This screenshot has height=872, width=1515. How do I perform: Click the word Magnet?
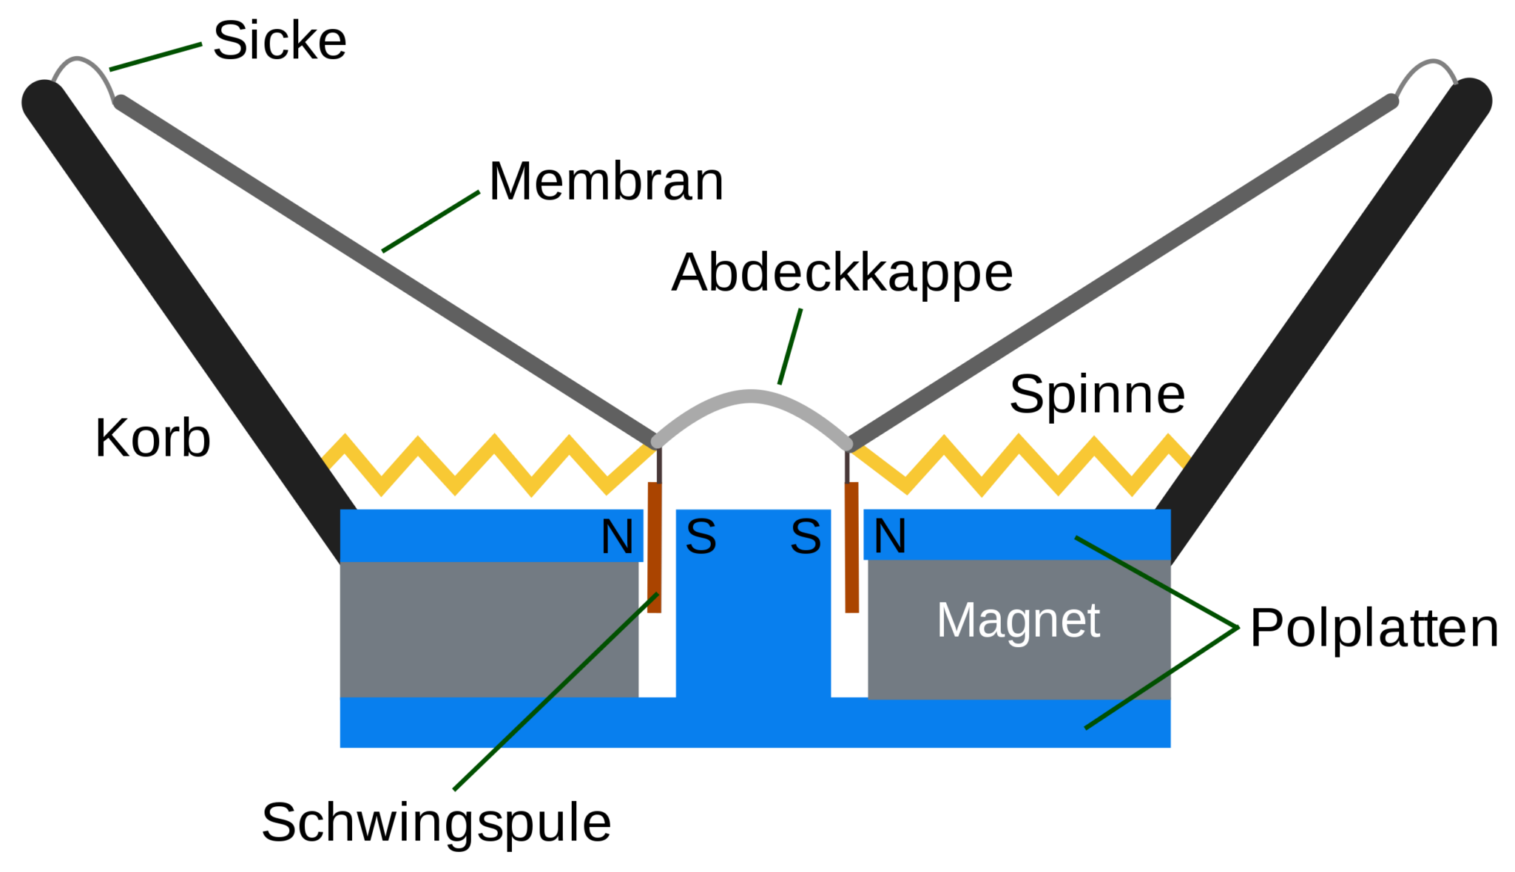click(x=1018, y=620)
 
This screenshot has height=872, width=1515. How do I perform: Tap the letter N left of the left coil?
click(x=617, y=536)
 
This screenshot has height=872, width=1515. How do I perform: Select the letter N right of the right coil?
click(x=890, y=536)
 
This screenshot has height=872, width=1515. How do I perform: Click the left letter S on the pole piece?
click(x=701, y=536)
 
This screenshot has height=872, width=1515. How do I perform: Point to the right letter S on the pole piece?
click(x=806, y=536)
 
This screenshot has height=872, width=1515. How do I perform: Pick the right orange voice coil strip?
click(x=852, y=547)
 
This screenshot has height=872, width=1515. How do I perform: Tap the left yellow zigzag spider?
click(x=488, y=464)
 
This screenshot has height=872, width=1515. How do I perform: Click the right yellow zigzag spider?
click(x=1021, y=464)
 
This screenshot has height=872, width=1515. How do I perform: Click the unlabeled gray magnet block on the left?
click(x=488, y=629)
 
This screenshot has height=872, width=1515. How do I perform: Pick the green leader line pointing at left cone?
click(x=431, y=222)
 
